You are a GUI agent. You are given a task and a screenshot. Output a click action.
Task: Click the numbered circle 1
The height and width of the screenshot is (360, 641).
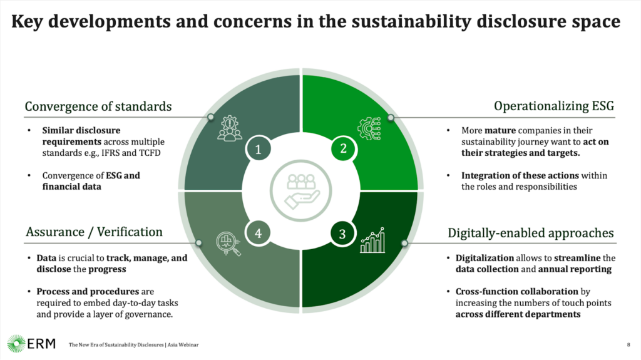[x=259, y=149]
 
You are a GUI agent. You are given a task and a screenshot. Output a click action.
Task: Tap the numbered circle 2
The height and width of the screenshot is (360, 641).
[x=343, y=148]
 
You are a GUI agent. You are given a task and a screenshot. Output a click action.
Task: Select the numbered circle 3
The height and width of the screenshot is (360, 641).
[x=342, y=234]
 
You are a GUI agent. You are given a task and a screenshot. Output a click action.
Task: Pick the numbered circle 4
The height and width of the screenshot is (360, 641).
[x=259, y=233]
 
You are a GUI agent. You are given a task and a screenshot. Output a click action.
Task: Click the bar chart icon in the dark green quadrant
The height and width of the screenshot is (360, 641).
[x=372, y=240]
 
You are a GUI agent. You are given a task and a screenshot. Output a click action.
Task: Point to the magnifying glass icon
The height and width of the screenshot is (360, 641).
[x=228, y=244]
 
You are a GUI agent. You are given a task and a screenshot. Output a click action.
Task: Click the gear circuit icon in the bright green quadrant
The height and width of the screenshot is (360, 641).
[x=369, y=128]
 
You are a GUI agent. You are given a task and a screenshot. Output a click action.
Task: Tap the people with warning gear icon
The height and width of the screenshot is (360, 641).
[x=230, y=128]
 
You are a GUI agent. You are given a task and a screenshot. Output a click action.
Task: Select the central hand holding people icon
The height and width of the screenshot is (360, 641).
[x=301, y=190]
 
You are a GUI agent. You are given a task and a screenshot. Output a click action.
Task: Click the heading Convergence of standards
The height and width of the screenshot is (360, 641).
[x=98, y=106]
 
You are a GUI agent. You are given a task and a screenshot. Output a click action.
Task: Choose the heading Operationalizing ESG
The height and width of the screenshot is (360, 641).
[x=554, y=106]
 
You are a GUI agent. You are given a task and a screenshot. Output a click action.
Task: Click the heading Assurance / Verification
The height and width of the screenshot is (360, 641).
[x=94, y=232]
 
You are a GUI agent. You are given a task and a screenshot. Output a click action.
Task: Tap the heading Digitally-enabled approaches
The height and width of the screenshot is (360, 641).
[x=531, y=233]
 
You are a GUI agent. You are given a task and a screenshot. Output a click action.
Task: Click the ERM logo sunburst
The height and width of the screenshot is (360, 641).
[x=16, y=344]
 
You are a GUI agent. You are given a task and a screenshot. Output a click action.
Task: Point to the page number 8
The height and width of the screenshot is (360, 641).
[x=628, y=345]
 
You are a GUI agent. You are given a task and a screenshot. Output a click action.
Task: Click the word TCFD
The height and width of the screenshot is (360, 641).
[x=150, y=153]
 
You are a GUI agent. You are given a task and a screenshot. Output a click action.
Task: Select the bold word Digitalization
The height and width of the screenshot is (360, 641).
[x=485, y=258]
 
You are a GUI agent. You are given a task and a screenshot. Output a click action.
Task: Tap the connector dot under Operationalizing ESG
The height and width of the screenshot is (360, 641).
[x=391, y=118]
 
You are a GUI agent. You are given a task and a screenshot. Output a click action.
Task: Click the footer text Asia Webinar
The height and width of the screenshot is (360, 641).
[x=183, y=345]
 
